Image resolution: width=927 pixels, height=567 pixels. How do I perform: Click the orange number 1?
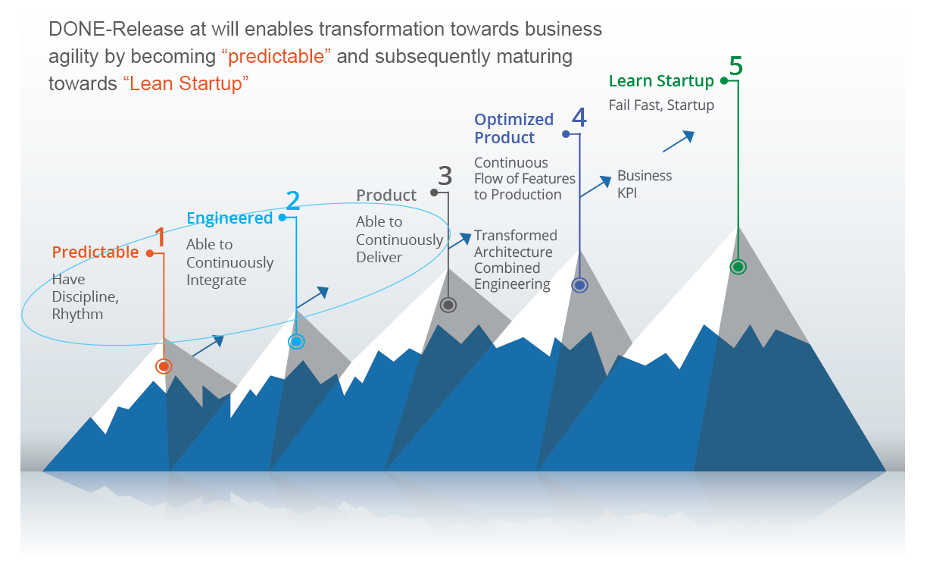tap(161, 237)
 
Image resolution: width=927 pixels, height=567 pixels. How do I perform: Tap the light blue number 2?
tap(293, 200)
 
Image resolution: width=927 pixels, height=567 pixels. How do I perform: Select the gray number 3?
tap(445, 176)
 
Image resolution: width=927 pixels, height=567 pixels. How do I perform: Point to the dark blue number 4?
tap(579, 117)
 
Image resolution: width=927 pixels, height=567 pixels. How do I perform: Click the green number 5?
tap(736, 66)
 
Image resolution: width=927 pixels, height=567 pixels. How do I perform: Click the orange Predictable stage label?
tap(95, 252)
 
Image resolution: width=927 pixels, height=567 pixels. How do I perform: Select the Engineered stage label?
tap(229, 218)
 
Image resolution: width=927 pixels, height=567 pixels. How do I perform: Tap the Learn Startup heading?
tap(661, 81)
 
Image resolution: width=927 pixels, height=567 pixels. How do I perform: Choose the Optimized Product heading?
tap(514, 128)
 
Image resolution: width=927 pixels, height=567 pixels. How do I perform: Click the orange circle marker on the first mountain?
tap(164, 366)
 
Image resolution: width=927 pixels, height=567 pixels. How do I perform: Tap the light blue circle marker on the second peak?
tap(296, 342)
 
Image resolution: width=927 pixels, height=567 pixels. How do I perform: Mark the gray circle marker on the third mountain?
tap(448, 305)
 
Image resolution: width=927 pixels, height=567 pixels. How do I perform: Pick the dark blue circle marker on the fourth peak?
tap(580, 285)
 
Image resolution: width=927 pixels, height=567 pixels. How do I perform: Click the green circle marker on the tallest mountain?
tap(738, 267)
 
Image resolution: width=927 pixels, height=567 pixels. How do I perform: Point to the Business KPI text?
tap(645, 184)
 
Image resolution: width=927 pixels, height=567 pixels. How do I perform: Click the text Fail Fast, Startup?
tap(661, 105)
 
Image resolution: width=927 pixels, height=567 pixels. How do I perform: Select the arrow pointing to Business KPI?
tap(595, 186)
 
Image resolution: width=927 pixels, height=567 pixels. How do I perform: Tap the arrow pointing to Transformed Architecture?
tap(460, 241)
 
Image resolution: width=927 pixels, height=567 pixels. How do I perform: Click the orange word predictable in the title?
tap(276, 56)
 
